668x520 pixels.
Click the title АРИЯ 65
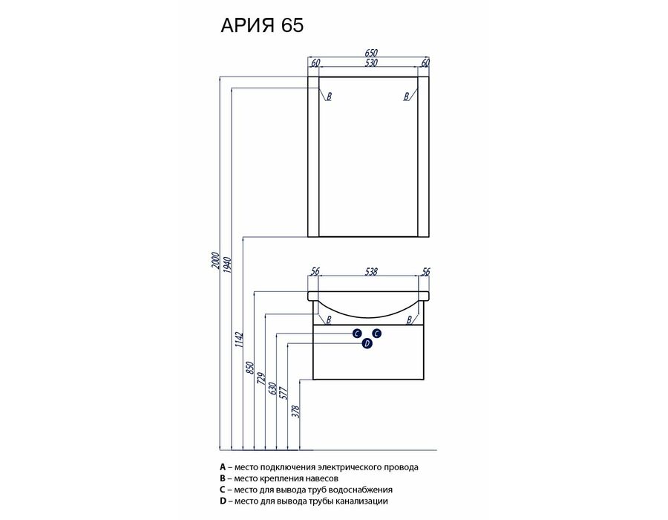coord(262,25)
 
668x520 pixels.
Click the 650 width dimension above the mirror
coord(371,53)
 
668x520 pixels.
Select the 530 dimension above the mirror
coord(371,62)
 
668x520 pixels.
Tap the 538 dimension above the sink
coord(371,271)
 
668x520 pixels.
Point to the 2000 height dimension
coord(215,261)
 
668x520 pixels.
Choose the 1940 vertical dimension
coord(227,264)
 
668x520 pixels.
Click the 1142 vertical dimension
coord(238,339)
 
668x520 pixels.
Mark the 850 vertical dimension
coord(250,368)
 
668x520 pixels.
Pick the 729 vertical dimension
coord(261,380)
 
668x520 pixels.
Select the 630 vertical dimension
coord(273,389)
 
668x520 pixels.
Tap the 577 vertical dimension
coord(284,392)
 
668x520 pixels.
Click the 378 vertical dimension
coord(296,412)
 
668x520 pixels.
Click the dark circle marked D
coord(367,343)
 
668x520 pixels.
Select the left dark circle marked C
coord(358,334)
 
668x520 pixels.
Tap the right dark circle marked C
coord(376,334)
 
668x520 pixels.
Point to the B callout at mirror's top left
coord(329,97)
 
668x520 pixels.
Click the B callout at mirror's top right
coord(407,97)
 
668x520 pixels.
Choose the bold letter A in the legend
coord(223,467)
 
